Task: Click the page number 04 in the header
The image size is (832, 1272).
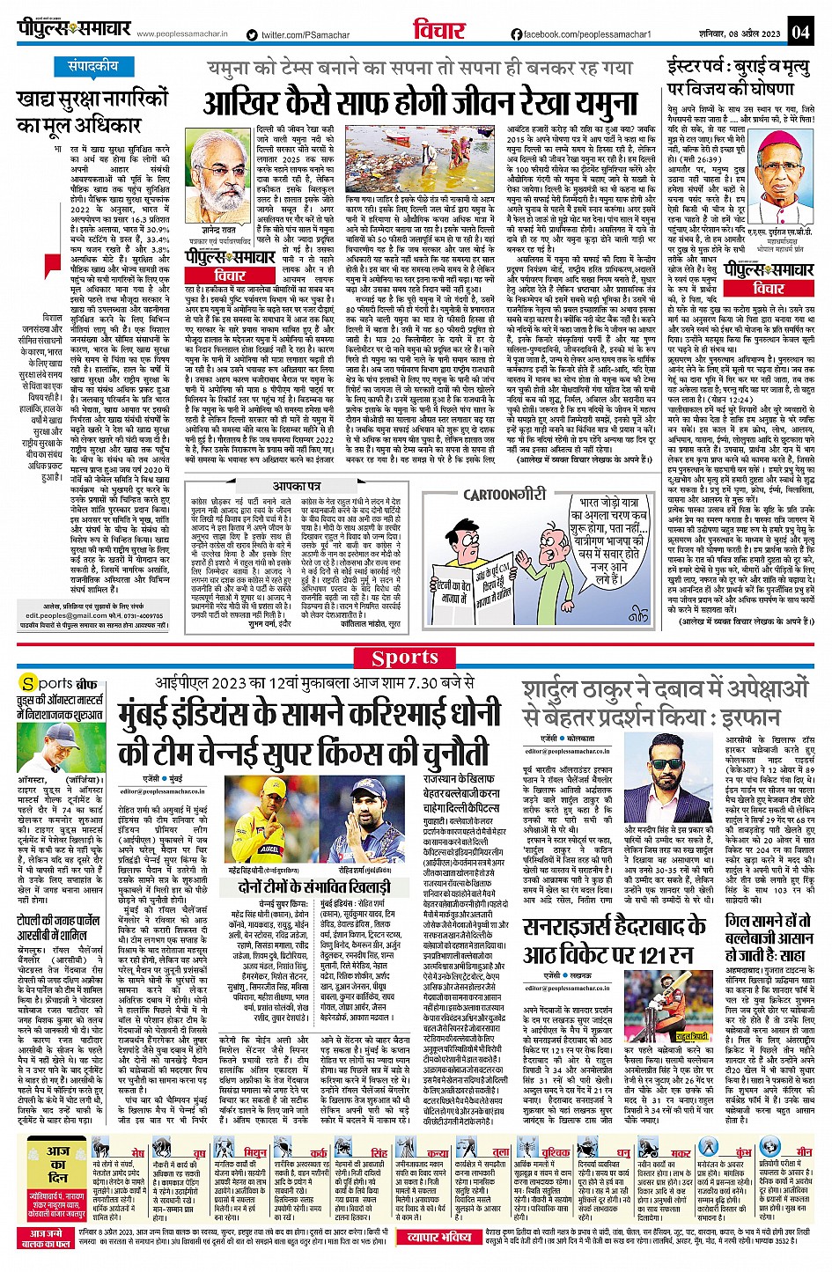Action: (x=799, y=33)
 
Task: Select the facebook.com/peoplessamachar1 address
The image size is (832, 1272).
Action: (x=581, y=34)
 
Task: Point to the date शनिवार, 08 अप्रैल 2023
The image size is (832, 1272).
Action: (x=736, y=33)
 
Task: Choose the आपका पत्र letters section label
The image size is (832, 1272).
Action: (x=297, y=486)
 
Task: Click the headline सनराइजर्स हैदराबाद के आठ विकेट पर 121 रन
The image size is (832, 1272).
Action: (x=614, y=940)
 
